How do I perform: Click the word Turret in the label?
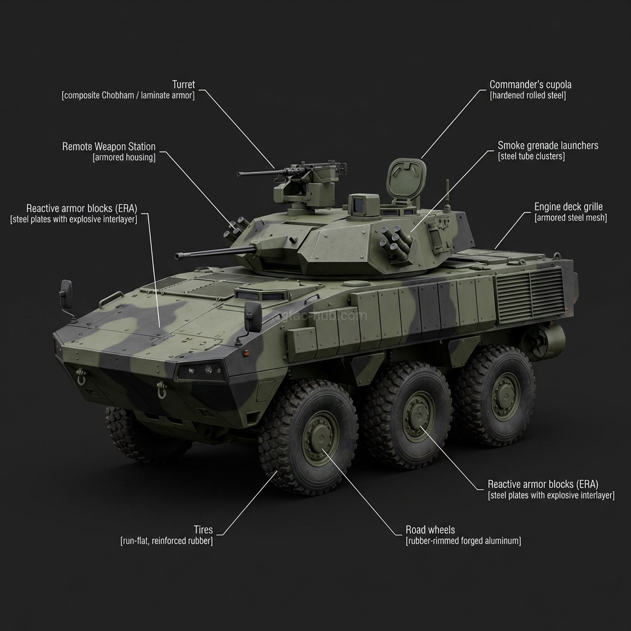[184, 84]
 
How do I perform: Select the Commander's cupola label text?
[530, 84]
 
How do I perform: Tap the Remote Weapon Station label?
[108, 147]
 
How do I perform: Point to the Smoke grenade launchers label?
[547, 145]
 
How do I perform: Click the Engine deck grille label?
[568, 207]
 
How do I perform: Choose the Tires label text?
[203, 530]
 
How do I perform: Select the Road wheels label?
[430, 530]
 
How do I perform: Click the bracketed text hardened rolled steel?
[527, 96]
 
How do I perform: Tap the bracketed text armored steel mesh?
[570, 218]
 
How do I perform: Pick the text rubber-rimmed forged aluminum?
[463, 541]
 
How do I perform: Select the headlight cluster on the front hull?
[201, 370]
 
